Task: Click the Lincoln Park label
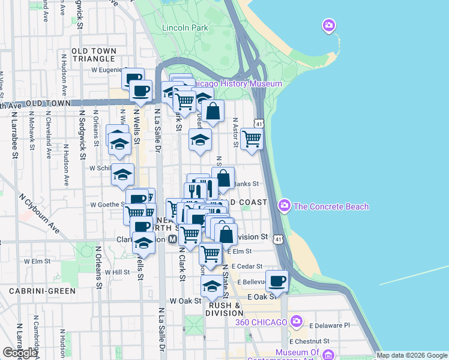(x=184, y=28)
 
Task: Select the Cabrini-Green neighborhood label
(x=42, y=291)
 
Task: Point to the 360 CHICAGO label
(x=262, y=322)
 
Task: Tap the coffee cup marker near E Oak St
(x=277, y=281)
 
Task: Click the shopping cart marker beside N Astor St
(x=252, y=138)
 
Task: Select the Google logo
(x=20, y=352)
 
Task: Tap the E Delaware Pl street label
(x=330, y=325)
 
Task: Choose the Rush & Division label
(x=224, y=309)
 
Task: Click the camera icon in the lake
(x=328, y=25)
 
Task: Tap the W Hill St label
(x=117, y=272)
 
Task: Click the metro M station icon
(x=172, y=239)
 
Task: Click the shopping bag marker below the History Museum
(x=212, y=110)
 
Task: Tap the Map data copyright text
(x=412, y=355)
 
